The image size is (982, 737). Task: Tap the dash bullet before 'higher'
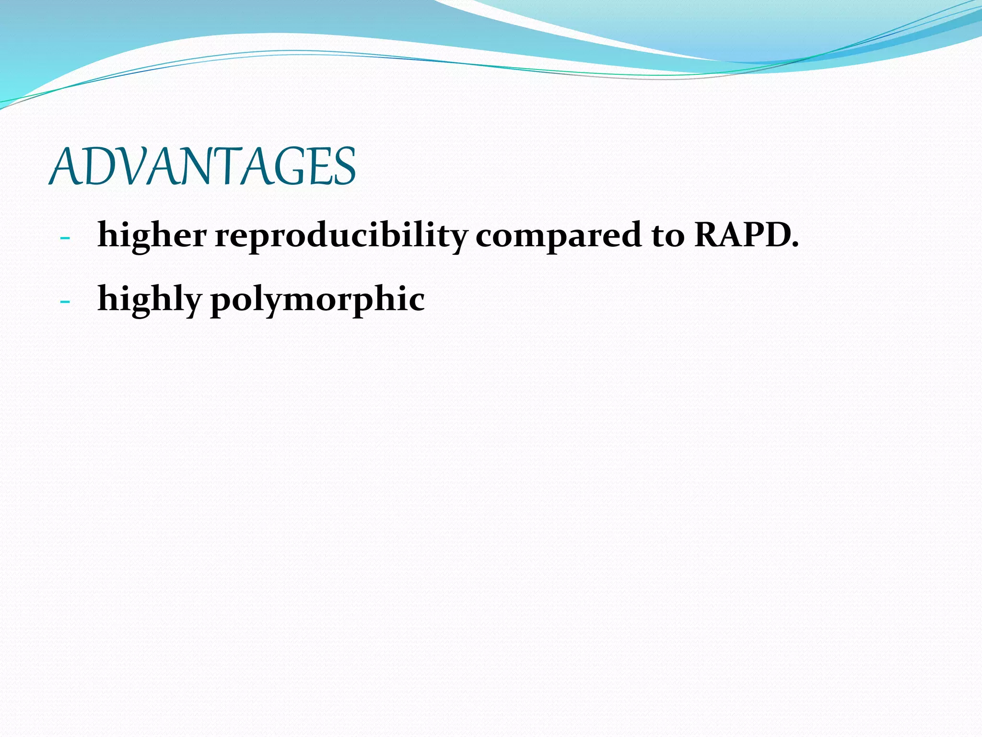click(x=65, y=238)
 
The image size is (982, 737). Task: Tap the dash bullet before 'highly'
click(x=65, y=302)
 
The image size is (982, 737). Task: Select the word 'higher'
click(x=152, y=236)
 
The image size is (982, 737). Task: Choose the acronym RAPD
click(x=741, y=235)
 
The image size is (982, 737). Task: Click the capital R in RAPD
click(x=709, y=235)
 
